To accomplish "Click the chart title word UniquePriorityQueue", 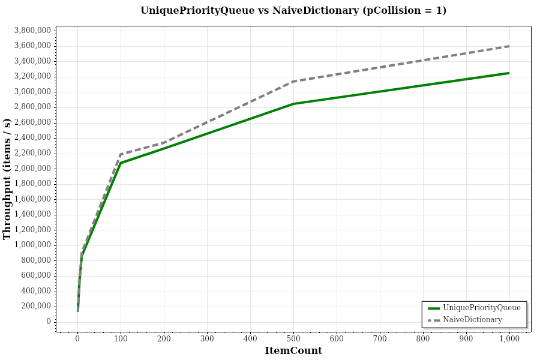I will pos(197,10).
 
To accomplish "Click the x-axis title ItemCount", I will pos(293,350).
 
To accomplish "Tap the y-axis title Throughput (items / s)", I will pos(7,178).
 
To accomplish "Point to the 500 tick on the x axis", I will pos(293,339).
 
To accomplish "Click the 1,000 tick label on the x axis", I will pos(509,339).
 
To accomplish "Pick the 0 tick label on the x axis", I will pos(77,339).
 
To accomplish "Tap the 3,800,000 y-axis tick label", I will pos(33,30).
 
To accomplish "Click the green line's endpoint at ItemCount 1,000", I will pos(509,73).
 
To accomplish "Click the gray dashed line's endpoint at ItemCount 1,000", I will pos(509,46).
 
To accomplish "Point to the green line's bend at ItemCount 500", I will pos(293,104).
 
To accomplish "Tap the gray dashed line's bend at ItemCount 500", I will pos(293,81).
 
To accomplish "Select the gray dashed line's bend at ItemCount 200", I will pos(164,143).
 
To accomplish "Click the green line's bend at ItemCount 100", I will pos(121,163).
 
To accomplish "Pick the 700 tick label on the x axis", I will pos(380,339).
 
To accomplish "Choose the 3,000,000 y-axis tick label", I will pos(33,91).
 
